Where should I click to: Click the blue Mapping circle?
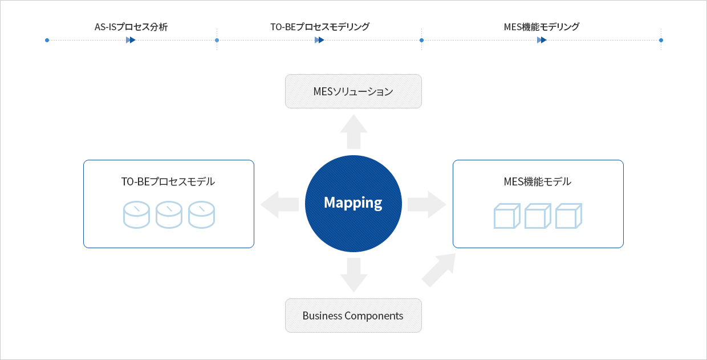[x=353, y=204]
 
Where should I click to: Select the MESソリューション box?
[x=353, y=91]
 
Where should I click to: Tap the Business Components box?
[x=353, y=315]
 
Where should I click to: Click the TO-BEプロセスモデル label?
[x=168, y=181]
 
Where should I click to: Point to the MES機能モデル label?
[x=538, y=181]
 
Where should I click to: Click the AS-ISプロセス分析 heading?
[x=131, y=27]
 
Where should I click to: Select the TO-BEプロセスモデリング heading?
[x=320, y=27]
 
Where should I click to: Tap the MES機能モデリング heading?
[x=542, y=27]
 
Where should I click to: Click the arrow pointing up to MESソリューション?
[x=353, y=132]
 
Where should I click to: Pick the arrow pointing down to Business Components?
[x=353, y=275]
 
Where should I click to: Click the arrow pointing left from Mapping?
[x=279, y=204]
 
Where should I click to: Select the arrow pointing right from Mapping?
[x=427, y=204]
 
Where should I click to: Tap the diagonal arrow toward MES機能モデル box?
[x=439, y=270]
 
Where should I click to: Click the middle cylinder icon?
[x=169, y=215]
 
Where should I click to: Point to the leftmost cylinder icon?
[x=136, y=215]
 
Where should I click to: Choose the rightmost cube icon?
[x=568, y=216]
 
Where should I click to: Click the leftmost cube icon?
[x=507, y=216]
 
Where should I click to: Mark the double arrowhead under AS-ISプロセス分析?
[x=131, y=40]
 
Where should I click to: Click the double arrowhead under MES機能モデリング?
[x=542, y=40]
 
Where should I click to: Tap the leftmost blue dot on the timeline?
[x=47, y=40]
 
